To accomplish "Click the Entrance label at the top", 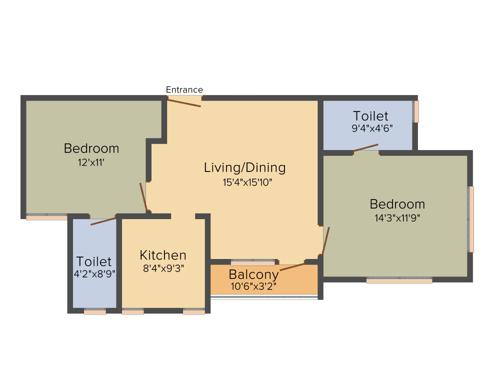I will (184, 90).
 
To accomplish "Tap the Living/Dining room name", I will (245, 167).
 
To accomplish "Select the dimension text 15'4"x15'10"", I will (245, 182).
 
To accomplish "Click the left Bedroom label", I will (92, 148).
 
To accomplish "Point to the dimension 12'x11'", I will (92, 163).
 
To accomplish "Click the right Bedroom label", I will (397, 204).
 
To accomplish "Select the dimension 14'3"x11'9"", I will (397, 219).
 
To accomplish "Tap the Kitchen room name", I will (163, 254).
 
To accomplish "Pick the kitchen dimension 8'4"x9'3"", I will (163, 269).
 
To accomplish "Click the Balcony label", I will (253, 274).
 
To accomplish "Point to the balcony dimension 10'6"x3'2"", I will (253, 287).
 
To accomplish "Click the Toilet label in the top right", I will (370, 115).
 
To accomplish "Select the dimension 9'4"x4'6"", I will (370, 128).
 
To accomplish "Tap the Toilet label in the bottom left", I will (93, 261).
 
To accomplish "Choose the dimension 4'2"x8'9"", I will (93, 275).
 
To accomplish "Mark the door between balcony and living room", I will (297, 267).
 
